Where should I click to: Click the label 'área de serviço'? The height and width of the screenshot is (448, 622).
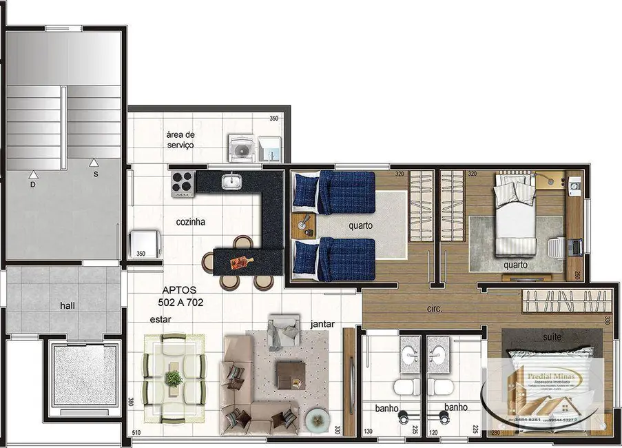click(x=180, y=140)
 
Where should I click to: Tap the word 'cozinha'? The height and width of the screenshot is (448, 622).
click(x=191, y=222)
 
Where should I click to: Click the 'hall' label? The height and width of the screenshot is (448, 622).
click(x=68, y=305)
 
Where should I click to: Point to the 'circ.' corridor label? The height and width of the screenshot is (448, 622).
click(x=434, y=309)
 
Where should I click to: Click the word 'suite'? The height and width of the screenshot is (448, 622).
click(x=552, y=337)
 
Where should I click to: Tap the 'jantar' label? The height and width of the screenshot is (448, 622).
click(x=323, y=323)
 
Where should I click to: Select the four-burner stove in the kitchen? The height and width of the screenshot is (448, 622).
click(x=183, y=183)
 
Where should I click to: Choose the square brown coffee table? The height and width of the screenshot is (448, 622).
click(x=289, y=375)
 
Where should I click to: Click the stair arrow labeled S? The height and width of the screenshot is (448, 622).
click(x=94, y=163)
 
